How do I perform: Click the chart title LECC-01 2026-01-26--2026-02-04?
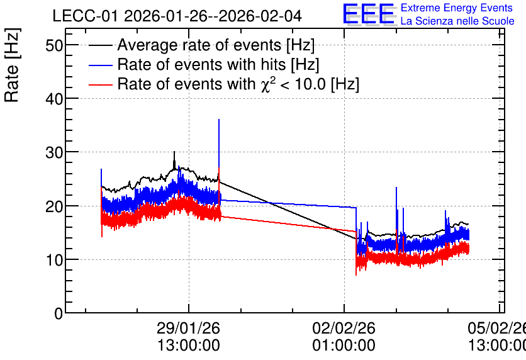coord(177,16)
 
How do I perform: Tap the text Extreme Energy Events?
coord(457,8)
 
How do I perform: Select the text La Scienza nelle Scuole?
coord(457,21)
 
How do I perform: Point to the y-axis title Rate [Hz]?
coord(12,65)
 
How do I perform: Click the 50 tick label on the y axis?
coord(54,45)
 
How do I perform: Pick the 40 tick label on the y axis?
coord(54,99)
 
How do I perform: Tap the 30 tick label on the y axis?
coord(54,152)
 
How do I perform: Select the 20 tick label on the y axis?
coord(54,206)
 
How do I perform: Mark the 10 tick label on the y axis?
coord(54,260)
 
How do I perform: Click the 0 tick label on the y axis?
coord(59,313)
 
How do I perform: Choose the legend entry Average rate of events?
coord(216,45)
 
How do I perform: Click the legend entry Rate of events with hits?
coord(218,64)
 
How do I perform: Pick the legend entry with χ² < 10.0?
coord(238,84)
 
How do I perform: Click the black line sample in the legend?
coord(100,45)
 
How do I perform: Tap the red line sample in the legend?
coord(100,84)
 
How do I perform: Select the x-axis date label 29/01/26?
coord(189,328)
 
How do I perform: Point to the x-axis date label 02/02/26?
coord(344,328)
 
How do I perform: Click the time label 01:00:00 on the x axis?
coord(344,346)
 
